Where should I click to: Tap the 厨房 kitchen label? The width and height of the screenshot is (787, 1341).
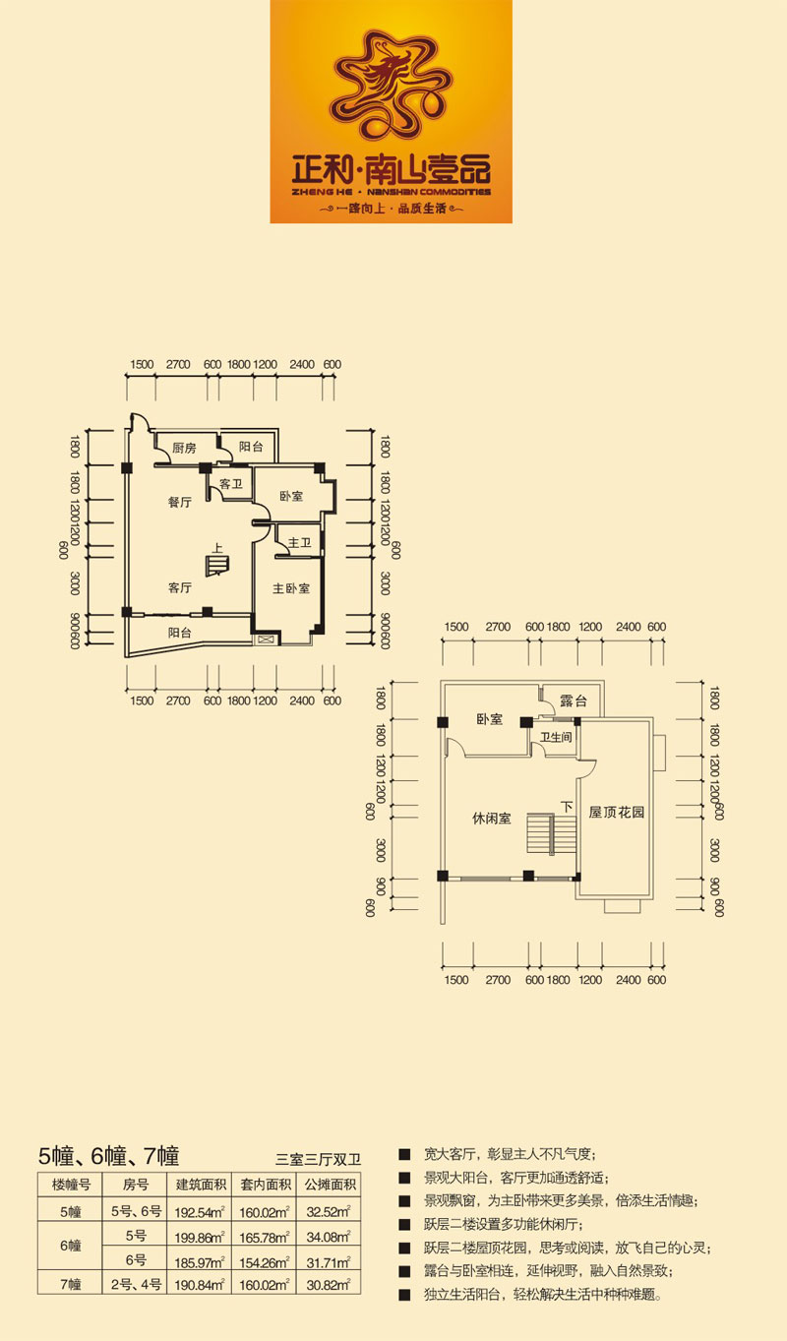click(x=184, y=448)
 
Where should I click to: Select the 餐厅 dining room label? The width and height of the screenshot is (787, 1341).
click(x=180, y=502)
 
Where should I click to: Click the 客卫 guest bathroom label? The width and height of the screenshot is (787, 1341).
click(x=230, y=484)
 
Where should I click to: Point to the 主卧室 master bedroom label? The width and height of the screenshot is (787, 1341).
click(x=291, y=588)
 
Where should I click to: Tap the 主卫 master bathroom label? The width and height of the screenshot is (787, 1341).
click(x=299, y=542)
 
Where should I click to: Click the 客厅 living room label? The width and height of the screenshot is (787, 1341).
click(x=180, y=588)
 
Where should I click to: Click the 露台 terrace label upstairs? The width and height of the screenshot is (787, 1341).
click(x=574, y=701)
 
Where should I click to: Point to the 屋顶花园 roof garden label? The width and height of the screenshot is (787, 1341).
click(x=617, y=812)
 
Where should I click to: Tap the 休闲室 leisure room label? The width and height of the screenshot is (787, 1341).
click(x=491, y=818)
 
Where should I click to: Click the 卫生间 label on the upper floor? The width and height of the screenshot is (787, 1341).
click(x=556, y=737)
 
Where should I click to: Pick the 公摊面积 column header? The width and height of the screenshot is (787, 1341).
click(x=330, y=1185)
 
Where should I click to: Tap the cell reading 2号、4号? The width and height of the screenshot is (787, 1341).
click(x=136, y=1284)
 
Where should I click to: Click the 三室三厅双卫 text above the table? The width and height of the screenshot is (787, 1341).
click(x=318, y=1160)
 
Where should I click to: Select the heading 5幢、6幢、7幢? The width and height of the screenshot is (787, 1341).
click(x=108, y=1155)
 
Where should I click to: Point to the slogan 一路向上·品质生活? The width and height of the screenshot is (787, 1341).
click(x=392, y=209)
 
